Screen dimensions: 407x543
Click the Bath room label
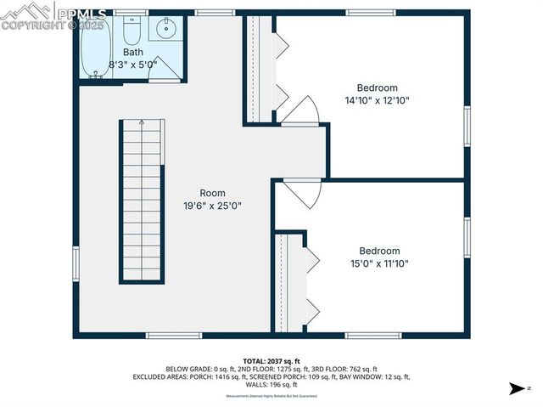[132, 52]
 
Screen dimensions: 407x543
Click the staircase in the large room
[141, 201]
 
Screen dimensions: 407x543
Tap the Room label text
[213, 193]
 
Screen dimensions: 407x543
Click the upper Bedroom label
[377, 88]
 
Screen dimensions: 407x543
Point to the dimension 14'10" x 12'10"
[377, 100]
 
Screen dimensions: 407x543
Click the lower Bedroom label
[378, 251]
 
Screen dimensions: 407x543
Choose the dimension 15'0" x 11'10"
[378, 263]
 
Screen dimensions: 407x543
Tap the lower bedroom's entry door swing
[304, 192]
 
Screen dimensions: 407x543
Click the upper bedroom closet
[259, 68]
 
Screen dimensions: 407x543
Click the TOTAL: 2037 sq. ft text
[271, 361]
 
